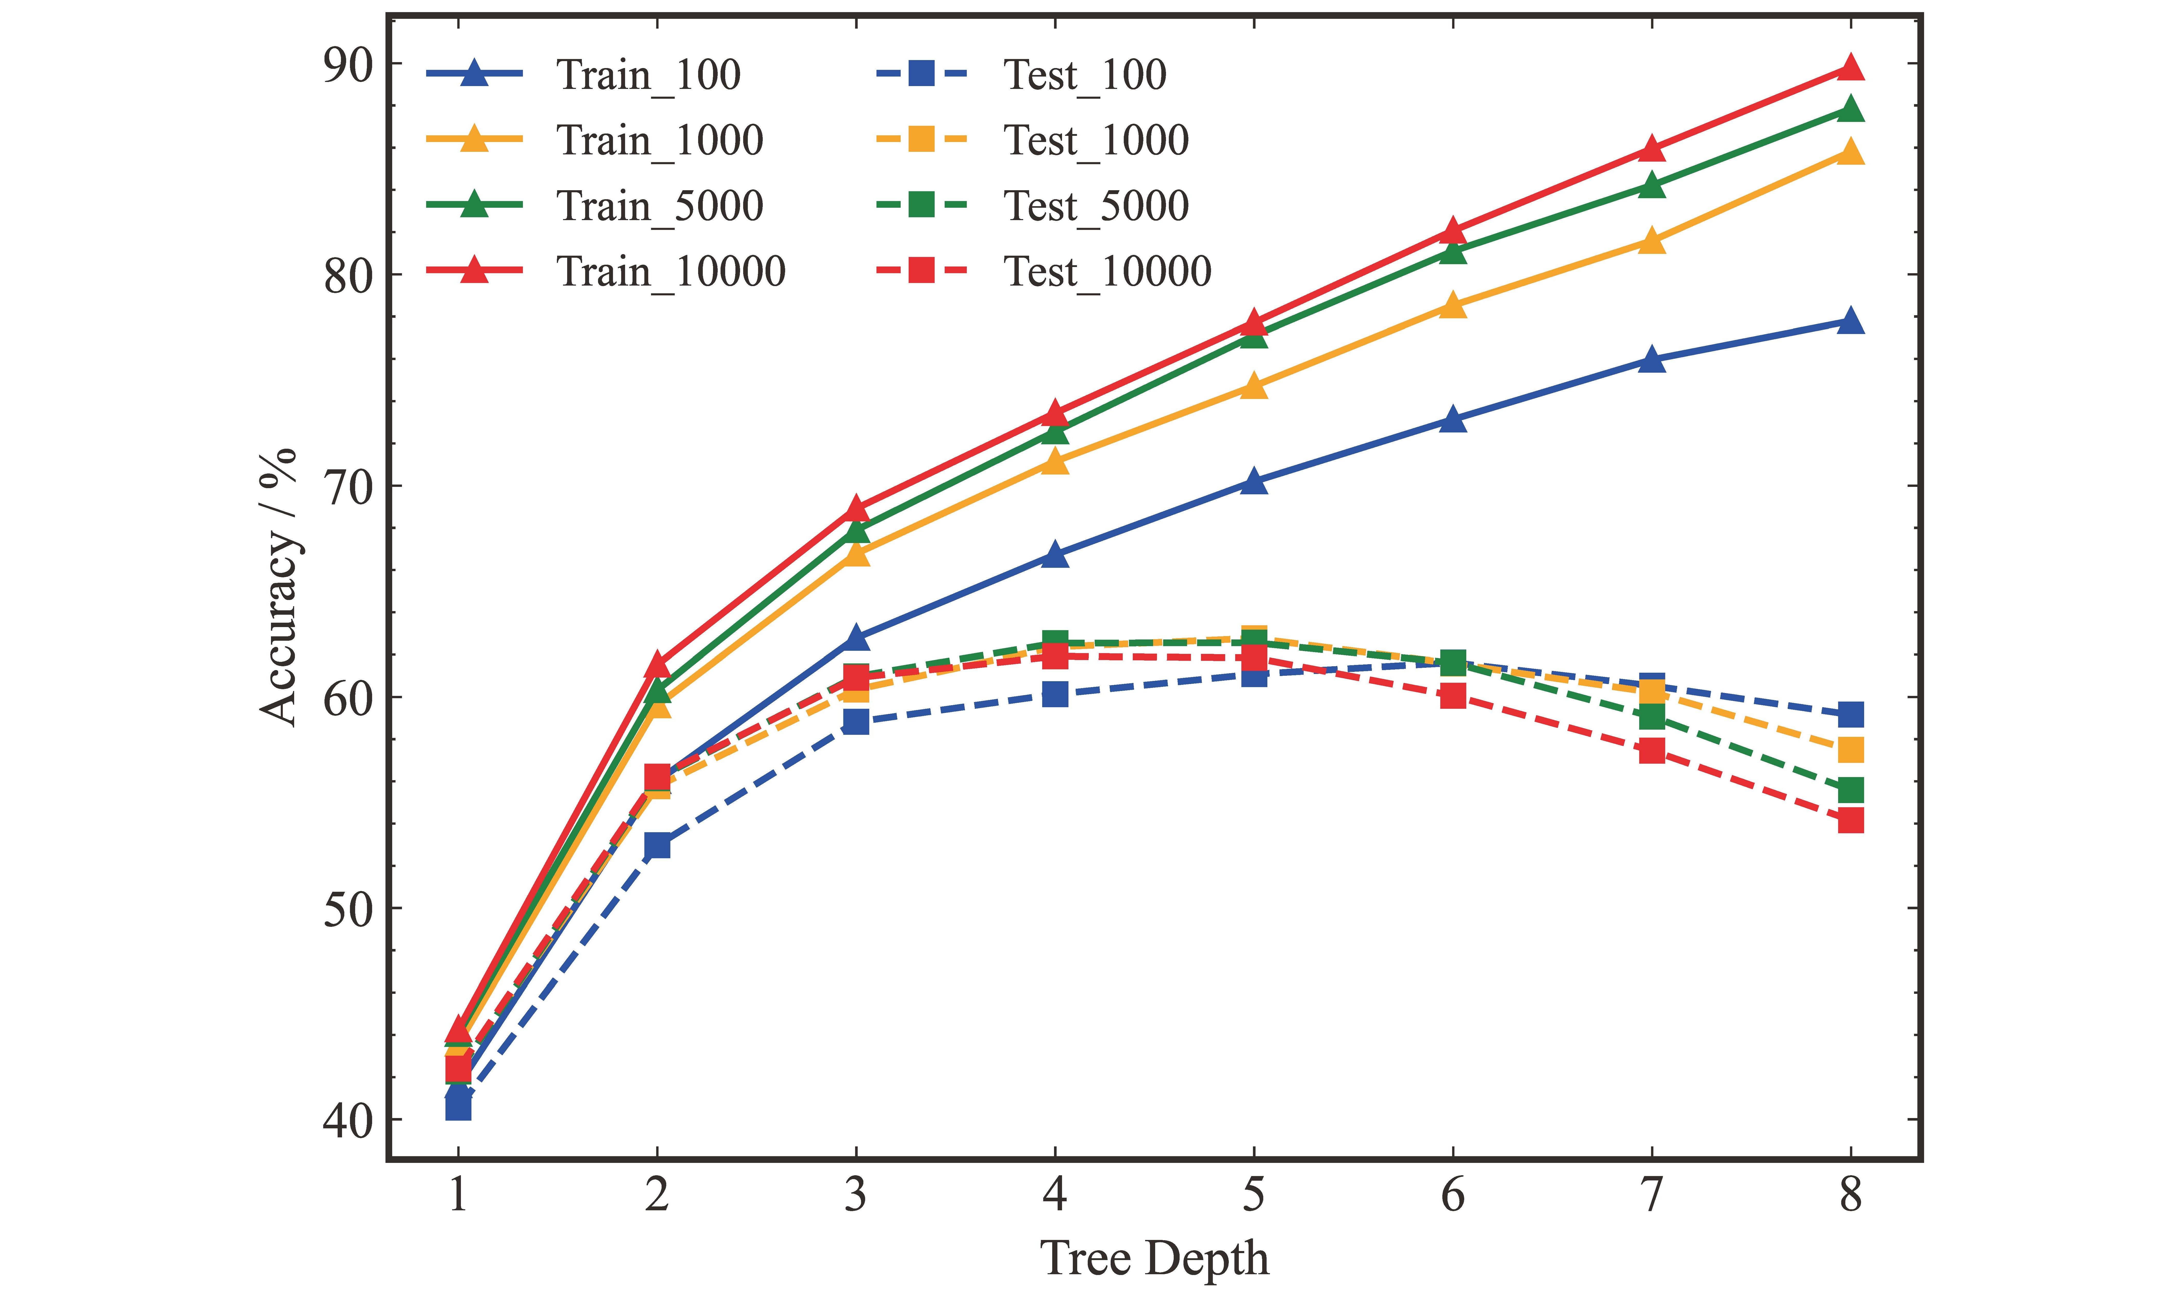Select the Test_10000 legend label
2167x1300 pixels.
point(1107,272)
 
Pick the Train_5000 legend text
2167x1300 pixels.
point(659,206)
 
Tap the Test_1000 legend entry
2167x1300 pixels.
point(1095,140)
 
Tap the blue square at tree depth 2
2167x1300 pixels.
point(657,845)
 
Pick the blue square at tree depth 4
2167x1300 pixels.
point(1055,694)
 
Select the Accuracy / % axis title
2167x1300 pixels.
point(279,587)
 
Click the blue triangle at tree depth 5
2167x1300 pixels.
point(1254,481)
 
